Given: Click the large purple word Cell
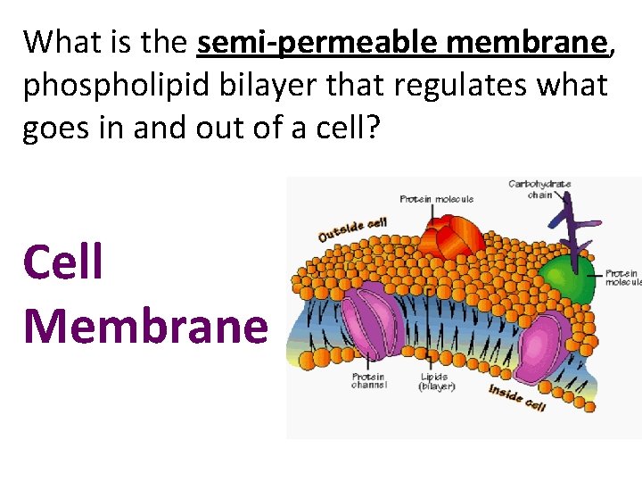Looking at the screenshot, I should tap(63, 262).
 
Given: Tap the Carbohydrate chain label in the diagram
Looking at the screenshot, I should tap(539, 189).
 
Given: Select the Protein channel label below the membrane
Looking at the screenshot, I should tap(367, 381).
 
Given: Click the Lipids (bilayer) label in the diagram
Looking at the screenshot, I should tap(437, 381).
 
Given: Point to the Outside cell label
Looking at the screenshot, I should tap(352, 229).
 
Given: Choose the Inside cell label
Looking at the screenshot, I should tap(516, 397).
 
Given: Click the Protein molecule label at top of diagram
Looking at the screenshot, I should tap(436, 199).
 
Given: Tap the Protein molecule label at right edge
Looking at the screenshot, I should tap(622, 278).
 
